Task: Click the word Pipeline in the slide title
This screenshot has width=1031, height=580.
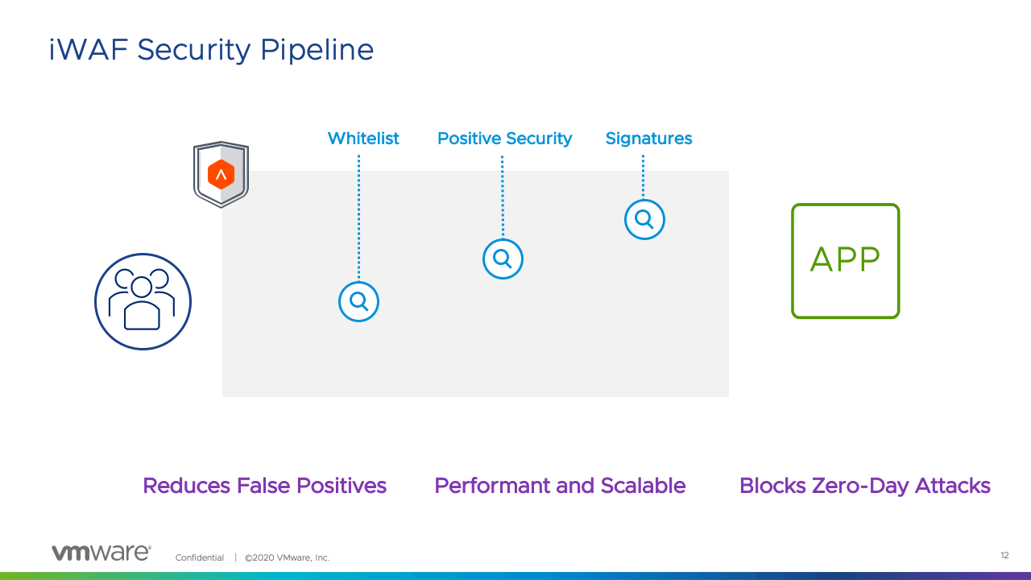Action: coord(317,50)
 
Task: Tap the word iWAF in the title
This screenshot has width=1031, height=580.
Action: coord(88,49)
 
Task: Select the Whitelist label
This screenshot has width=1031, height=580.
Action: coord(363,138)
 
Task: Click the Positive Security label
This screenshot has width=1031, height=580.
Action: coord(504,139)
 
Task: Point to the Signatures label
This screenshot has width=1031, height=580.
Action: coord(648,139)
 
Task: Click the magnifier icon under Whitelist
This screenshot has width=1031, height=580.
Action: coord(358,301)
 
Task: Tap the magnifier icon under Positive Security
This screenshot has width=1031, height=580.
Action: coord(503,259)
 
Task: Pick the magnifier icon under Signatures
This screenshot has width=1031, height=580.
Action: coord(644,219)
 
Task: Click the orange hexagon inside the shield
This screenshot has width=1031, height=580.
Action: coord(221,175)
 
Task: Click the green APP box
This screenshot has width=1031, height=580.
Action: coord(846,260)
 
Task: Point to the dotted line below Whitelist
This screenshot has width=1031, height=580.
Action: coord(359,217)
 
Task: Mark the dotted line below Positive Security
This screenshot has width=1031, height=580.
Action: coord(502,197)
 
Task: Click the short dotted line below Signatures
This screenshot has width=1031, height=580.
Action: coord(643,176)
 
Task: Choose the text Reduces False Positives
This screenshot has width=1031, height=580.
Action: coord(265,486)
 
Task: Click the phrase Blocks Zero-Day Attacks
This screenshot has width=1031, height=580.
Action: coord(865,486)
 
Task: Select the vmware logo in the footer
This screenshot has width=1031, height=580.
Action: coord(101,553)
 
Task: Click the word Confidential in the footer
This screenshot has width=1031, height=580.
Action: coord(199,557)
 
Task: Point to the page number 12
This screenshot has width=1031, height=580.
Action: coord(1004,555)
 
